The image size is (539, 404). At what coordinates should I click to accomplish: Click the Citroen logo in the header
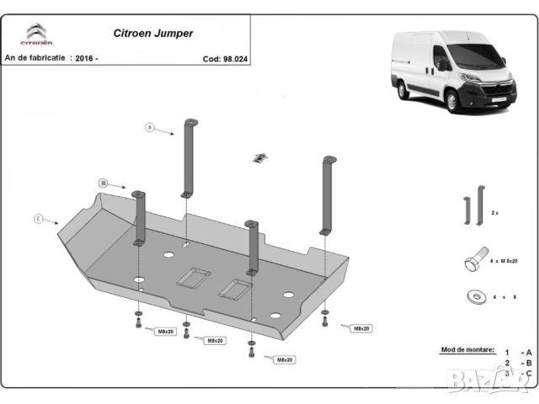point(36,35)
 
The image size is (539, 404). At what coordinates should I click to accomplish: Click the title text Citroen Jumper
point(152,34)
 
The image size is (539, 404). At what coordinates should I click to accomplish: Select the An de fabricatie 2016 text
point(51,58)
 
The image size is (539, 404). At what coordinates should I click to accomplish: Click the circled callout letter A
point(150,128)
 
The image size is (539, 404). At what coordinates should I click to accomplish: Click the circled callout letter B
point(103,183)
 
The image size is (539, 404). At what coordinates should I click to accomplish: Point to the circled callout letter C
point(38,219)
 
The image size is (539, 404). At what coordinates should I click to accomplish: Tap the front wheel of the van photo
point(455,100)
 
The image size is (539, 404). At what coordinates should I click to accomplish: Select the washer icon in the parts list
point(472,296)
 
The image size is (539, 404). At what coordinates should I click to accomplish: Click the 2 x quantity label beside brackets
point(495,215)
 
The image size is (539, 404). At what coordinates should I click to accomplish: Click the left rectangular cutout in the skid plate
point(195,277)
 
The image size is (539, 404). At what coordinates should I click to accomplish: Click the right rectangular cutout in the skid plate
point(235,290)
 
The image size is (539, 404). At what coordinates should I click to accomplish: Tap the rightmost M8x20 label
point(361,327)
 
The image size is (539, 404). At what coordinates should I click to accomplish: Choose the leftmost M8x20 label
point(166,332)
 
